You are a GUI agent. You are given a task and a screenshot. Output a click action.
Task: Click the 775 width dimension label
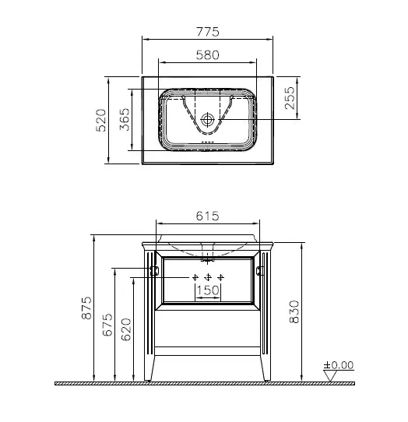click(208, 32)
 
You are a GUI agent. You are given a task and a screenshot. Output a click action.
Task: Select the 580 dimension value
click(207, 55)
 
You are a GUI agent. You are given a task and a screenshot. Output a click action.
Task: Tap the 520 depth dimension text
click(101, 120)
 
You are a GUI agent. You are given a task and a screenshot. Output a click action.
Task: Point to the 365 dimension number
click(125, 119)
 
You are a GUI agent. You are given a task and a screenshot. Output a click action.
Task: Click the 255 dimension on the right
click(290, 97)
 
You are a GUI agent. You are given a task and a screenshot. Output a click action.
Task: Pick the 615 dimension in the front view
click(207, 216)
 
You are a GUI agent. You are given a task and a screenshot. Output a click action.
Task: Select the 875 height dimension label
click(86, 308)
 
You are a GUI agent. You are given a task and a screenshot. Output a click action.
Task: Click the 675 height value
click(107, 325)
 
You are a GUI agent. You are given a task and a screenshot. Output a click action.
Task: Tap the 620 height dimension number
click(126, 329)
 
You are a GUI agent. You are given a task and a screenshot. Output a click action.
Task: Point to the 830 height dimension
click(294, 311)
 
